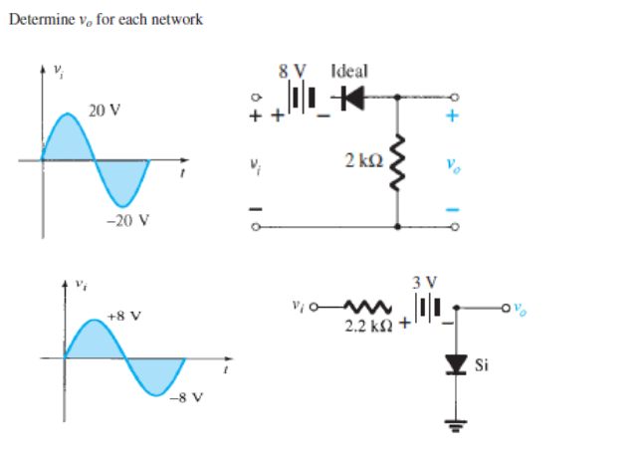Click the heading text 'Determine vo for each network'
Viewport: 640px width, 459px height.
106,20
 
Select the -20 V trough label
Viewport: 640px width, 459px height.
125,220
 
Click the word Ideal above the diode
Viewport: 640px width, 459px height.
348,72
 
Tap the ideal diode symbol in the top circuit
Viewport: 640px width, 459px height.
348,98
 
